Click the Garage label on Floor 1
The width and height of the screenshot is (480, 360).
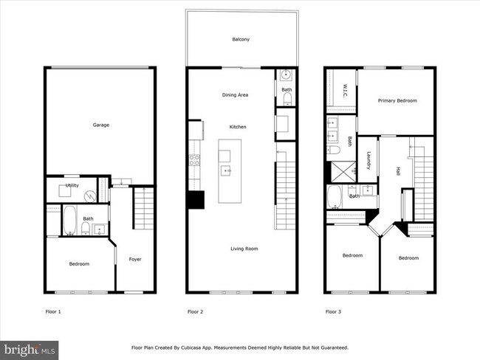pos(100,125)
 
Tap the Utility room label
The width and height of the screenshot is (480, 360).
pos(72,185)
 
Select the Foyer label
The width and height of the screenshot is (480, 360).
pos(135,259)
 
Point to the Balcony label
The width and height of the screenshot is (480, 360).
pos(241,39)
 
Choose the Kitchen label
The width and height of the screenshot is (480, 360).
pos(238,127)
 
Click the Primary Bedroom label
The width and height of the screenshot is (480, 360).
pos(397,100)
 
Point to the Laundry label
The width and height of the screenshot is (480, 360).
pos(368,159)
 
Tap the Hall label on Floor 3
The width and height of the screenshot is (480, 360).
pos(397,170)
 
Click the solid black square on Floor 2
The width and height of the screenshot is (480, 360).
pos(196,200)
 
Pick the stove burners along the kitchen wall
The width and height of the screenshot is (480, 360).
pos(196,160)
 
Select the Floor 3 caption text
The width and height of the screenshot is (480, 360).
pos(334,312)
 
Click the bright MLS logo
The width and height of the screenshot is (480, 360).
pos(30,348)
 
